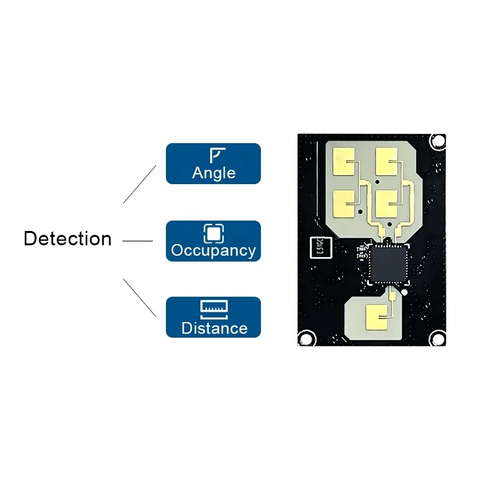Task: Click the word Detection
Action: point(68,239)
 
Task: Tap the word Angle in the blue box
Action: point(213,174)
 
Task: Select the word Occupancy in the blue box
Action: point(213,251)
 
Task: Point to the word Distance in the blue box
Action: point(214,328)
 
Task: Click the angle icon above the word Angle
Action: point(217,155)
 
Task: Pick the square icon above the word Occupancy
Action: point(213,232)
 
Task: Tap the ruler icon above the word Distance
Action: point(214,308)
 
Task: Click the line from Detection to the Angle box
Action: point(140,184)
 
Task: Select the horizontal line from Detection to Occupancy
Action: point(137,241)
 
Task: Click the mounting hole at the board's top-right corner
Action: point(439,140)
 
